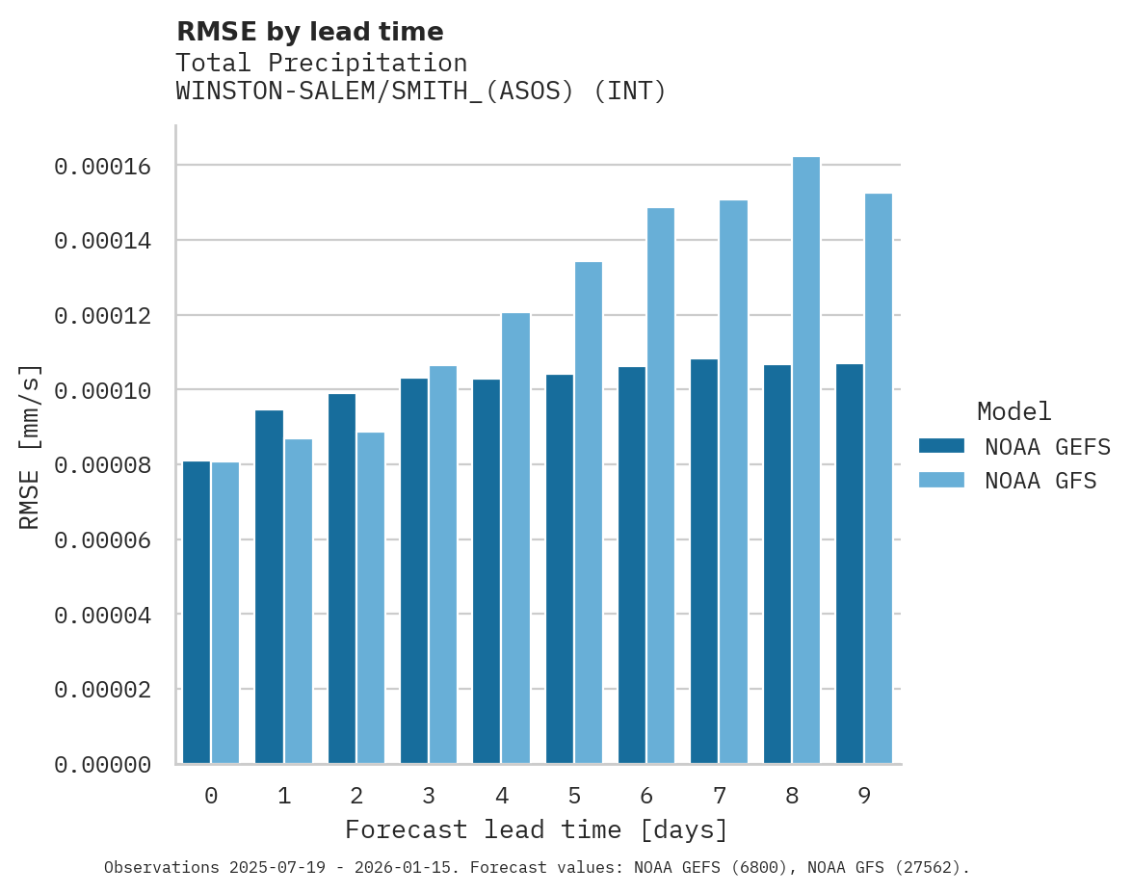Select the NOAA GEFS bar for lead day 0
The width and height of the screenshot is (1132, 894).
pos(197,613)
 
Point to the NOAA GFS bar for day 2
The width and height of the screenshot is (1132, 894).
pos(370,598)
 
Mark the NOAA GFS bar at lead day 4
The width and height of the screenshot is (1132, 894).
pos(515,539)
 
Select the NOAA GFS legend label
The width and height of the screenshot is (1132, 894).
pos(1040,481)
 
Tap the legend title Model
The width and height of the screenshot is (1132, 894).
pos(1014,411)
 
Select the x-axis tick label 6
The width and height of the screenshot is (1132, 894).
pos(646,796)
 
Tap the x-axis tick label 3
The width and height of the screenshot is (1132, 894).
pos(429,796)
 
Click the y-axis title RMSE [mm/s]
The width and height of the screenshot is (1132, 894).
pos(30,446)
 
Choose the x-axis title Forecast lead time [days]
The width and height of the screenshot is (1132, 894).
pos(537,829)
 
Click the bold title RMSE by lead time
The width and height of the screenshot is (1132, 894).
pos(309,32)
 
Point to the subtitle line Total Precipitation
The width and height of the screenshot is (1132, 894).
pos(321,63)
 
